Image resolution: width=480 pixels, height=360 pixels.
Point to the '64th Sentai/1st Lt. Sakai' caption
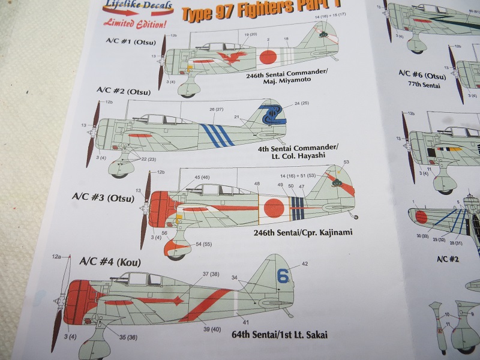tap(279, 334)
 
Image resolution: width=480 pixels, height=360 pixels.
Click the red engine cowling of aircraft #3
tap(161, 211)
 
